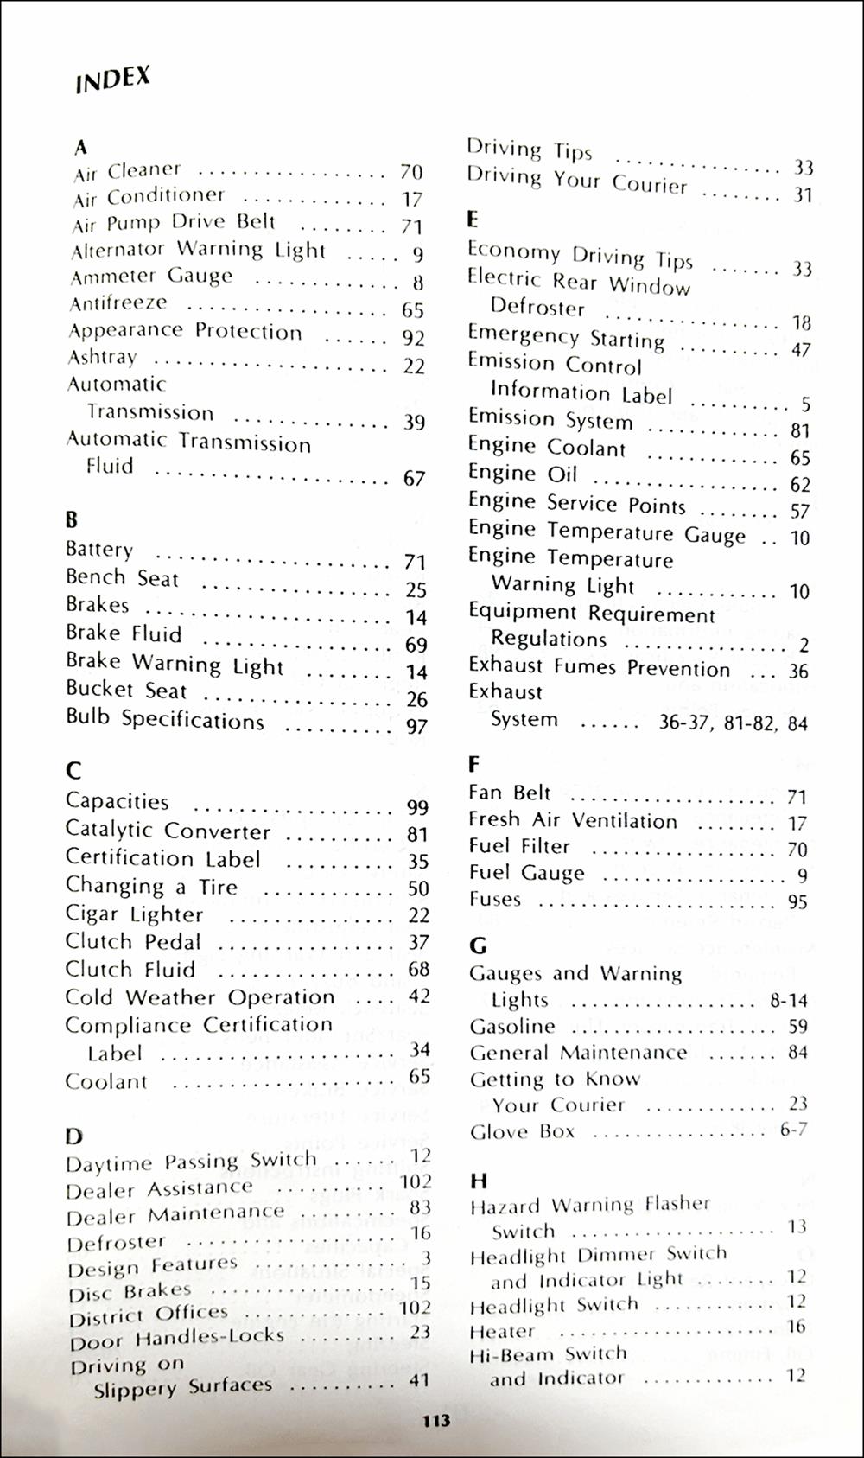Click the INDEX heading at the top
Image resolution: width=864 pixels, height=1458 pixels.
(x=112, y=80)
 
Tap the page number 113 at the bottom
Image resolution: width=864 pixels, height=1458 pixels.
(x=436, y=1421)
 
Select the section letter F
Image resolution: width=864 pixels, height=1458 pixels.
(x=473, y=764)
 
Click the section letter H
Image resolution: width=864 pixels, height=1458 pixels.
(x=479, y=1181)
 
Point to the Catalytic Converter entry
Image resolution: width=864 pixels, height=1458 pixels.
(x=168, y=831)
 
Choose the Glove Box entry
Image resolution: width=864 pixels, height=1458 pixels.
(x=522, y=1131)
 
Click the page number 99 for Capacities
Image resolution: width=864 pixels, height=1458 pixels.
(x=418, y=807)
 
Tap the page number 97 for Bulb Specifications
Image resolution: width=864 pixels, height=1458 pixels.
(x=416, y=727)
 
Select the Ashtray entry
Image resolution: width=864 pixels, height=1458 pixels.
(x=102, y=358)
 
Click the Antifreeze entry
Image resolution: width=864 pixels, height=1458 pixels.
(x=118, y=303)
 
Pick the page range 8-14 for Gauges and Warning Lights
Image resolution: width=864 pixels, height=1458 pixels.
(x=788, y=1001)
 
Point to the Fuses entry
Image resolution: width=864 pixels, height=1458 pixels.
(x=495, y=900)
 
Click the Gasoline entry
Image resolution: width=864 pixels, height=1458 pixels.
(x=512, y=1027)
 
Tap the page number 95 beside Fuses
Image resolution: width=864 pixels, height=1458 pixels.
(x=797, y=902)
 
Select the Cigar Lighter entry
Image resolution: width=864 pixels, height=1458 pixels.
(x=134, y=914)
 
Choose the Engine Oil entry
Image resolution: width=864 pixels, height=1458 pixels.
(x=522, y=474)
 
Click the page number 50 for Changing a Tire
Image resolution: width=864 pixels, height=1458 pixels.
(x=418, y=888)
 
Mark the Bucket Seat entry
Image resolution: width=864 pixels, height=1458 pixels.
(x=126, y=691)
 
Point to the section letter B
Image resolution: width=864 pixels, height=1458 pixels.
(x=72, y=520)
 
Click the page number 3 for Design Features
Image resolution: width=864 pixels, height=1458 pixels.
(x=426, y=1258)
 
